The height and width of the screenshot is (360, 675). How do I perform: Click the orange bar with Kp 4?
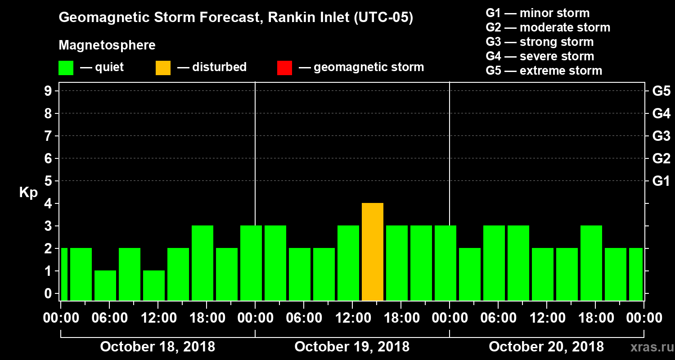point(373,252)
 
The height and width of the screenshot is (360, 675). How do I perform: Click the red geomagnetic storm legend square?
point(284,67)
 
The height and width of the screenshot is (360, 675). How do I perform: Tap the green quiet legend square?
point(66,67)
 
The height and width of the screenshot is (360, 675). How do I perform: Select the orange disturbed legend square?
point(163,67)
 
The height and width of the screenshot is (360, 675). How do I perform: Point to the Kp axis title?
point(28,193)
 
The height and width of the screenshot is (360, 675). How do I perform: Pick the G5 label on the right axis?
point(661,91)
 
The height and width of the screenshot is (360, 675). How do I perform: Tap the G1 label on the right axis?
point(661,181)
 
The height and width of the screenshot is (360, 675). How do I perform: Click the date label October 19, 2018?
point(352,347)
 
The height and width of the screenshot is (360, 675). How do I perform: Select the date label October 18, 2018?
point(157,347)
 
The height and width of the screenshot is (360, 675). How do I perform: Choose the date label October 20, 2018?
point(546,347)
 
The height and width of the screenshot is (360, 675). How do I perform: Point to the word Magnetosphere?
point(107,45)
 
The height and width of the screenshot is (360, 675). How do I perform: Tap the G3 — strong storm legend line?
point(540,42)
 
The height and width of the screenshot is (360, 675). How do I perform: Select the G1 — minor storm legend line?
point(537,13)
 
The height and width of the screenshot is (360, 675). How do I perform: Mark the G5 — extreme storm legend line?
point(544,71)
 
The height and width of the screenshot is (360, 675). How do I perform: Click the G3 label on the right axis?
point(661,136)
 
